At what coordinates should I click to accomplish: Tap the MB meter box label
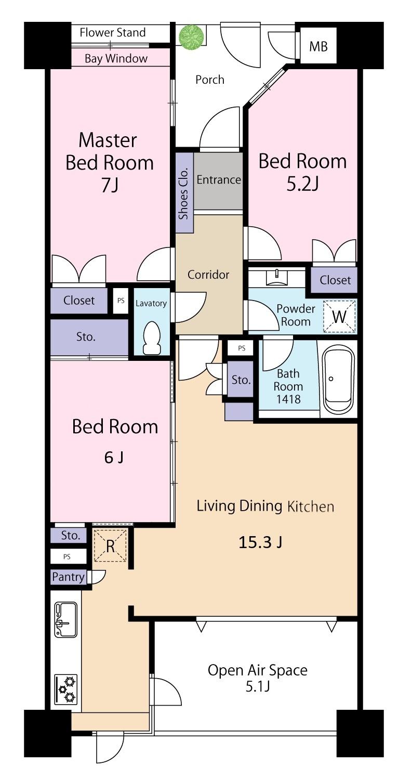(x=318, y=46)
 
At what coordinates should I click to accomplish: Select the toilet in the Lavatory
(x=152, y=337)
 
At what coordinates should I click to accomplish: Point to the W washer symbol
(x=339, y=316)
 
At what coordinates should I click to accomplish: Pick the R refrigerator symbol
(x=110, y=545)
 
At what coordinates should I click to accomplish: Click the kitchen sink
(x=66, y=620)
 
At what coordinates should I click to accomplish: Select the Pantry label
(x=68, y=577)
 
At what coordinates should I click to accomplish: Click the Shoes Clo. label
(x=183, y=193)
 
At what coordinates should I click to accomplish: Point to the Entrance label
(x=219, y=180)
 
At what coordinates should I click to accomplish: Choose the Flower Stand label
(x=112, y=33)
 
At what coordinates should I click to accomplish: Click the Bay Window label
(x=116, y=58)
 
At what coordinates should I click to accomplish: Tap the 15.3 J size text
(x=260, y=542)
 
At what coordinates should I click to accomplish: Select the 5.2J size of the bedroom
(x=302, y=184)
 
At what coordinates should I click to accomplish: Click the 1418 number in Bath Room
(x=288, y=399)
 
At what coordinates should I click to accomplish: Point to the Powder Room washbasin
(x=277, y=277)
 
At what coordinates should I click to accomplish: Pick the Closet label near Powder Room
(x=335, y=280)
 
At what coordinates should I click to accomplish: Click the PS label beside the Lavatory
(x=121, y=301)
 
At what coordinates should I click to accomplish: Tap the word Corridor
(x=208, y=275)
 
